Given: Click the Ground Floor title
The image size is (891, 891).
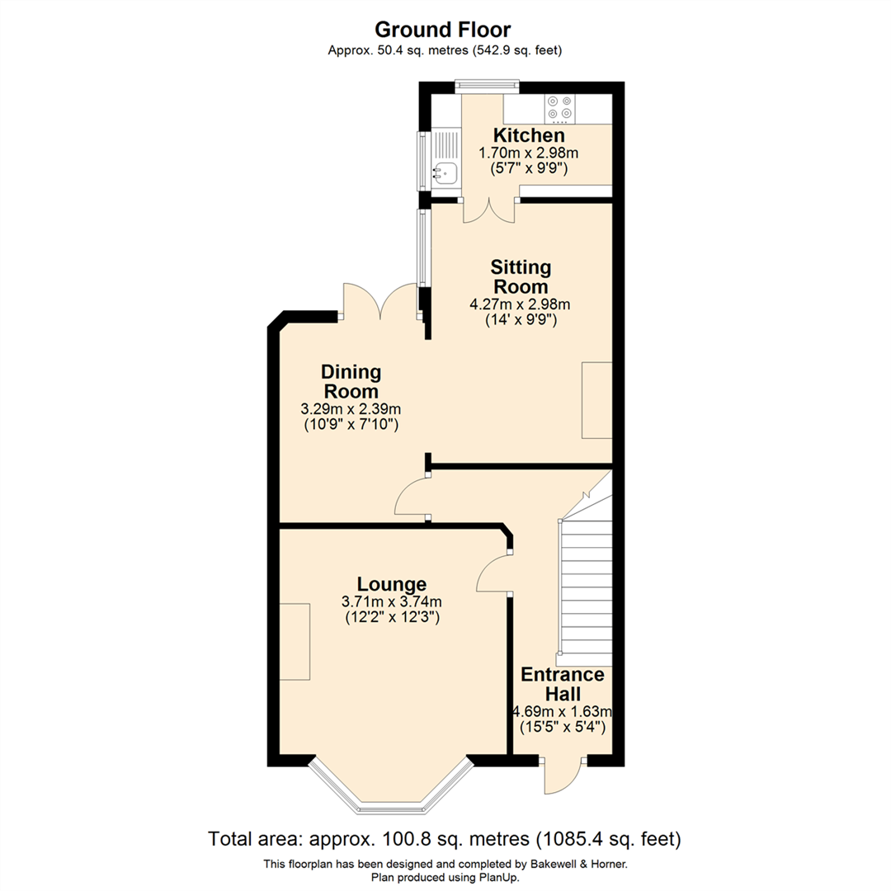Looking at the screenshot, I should [445, 30].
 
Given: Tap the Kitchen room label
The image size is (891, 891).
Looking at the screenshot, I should [529, 135].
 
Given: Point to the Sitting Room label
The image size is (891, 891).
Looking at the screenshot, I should [520, 277].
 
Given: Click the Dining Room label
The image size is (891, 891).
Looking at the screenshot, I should [351, 381].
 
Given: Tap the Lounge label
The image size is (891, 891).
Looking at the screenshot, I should [392, 584].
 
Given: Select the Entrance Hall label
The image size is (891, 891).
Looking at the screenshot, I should [563, 685].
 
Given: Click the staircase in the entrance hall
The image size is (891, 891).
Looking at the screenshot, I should [586, 590].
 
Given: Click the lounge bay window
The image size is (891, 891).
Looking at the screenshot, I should [391, 788].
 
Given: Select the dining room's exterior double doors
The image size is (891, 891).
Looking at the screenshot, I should [380, 302].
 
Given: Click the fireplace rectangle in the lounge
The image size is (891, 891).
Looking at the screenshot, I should [295, 641].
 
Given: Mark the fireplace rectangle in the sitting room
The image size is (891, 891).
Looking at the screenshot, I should [596, 399].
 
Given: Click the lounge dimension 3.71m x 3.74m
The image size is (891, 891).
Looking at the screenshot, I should [392, 601].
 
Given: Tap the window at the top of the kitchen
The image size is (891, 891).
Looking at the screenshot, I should [487, 83].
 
